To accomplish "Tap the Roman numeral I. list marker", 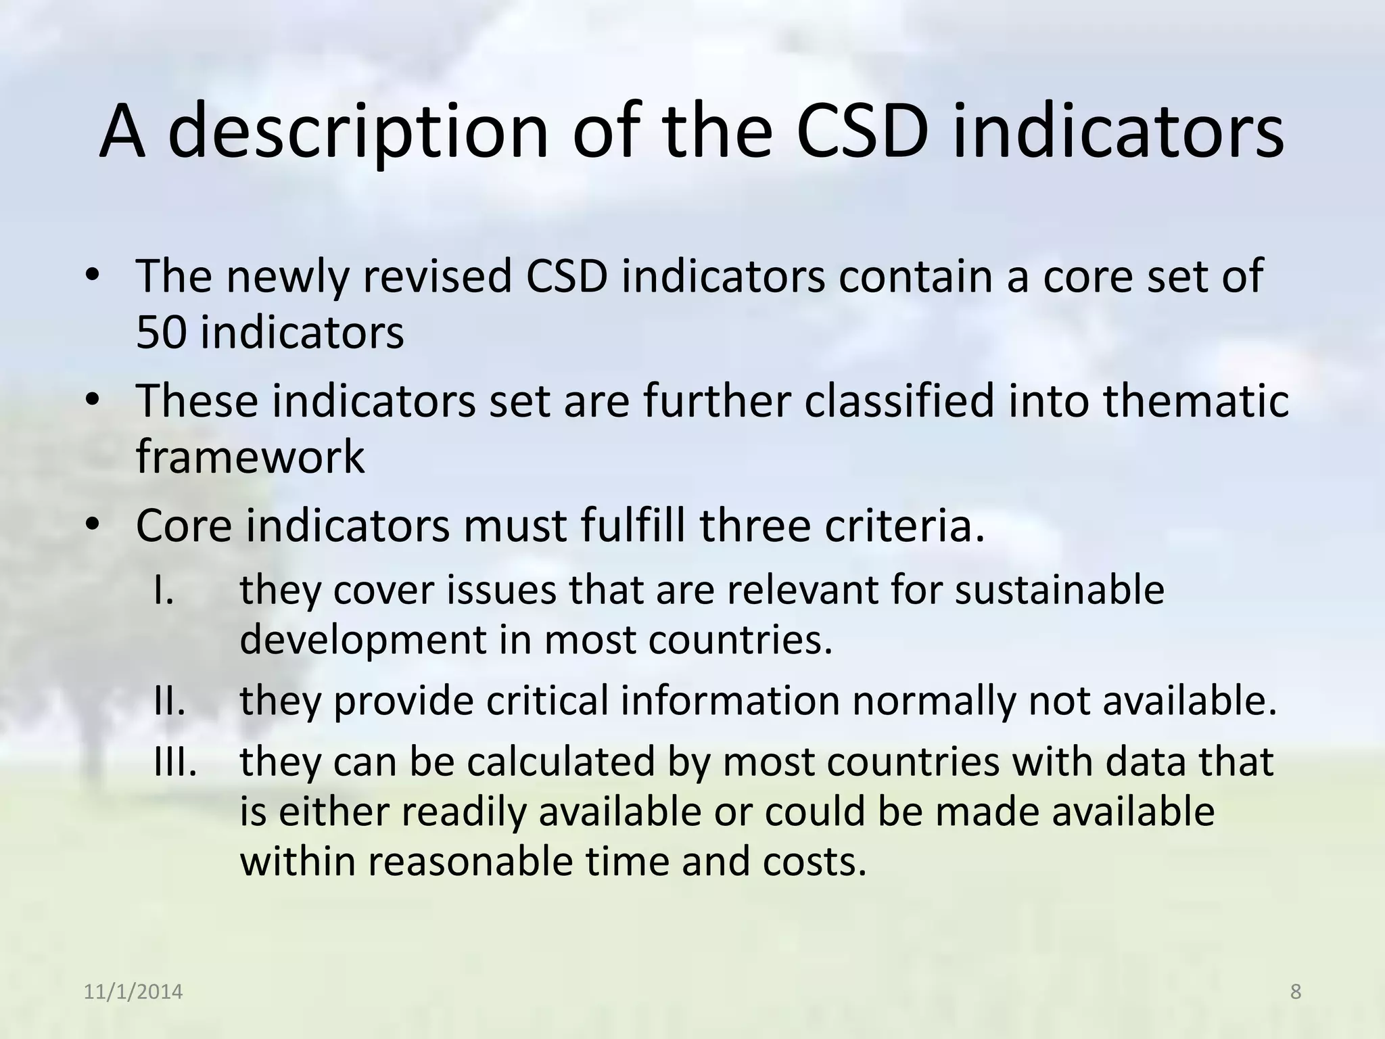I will pyautogui.click(x=164, y=590).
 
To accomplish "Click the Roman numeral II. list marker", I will pyautogui.click(x=169, y=701).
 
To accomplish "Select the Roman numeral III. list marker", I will pyautogui.click(x=175, y=762).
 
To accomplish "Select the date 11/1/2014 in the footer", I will pyautogui.click(x=133, y=992).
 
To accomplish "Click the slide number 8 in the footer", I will pyautogui.click(x=1296, y=992).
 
